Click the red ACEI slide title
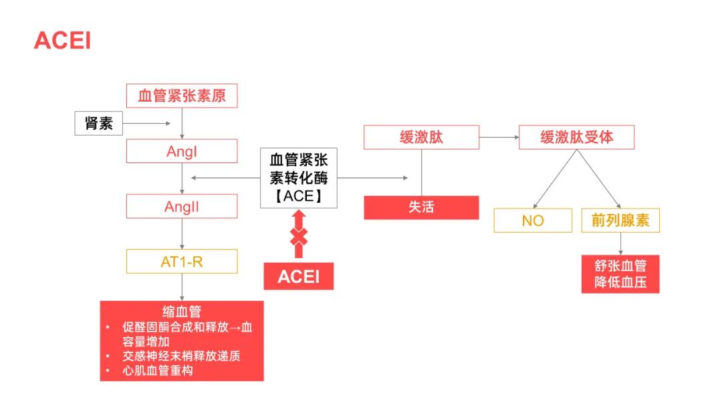62,41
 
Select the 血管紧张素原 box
182,96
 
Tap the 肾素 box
98,123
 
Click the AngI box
182,151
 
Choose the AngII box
182,207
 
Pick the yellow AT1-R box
182,262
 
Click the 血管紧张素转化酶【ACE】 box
299,178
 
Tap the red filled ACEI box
298,276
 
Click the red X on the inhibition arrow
299,236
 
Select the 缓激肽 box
421,137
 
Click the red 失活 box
421,207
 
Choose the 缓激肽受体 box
576,137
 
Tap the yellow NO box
533,221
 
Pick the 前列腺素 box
620,221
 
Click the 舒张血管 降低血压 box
620,274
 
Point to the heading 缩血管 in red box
182,311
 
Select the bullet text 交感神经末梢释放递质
181,356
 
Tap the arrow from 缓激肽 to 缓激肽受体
499,137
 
